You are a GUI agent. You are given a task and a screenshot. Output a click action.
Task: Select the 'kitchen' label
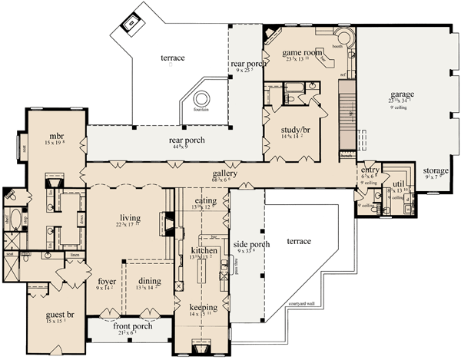[204, 250]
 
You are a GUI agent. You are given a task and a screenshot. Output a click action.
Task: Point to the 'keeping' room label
[204, 306]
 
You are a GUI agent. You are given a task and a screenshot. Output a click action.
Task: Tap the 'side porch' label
[250, 242]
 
